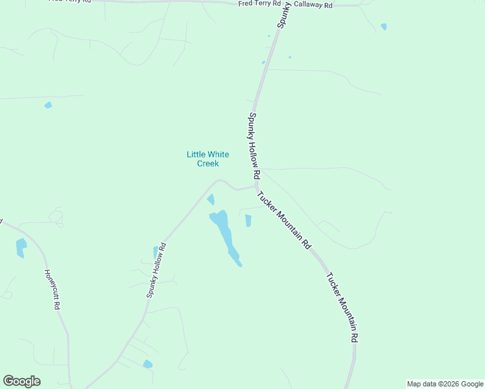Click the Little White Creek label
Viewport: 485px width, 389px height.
pos(207,159)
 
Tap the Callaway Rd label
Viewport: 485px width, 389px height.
pos(313,5)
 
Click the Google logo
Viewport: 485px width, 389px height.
pos(22,381)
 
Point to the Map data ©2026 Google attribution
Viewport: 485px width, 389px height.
pos(445,384)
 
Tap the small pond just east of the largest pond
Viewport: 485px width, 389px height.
pos(248,220)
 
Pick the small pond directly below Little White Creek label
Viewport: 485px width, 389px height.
pos(211,200)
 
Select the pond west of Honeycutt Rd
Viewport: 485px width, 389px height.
pos(21,248)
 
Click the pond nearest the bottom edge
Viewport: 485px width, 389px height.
pos(148,364)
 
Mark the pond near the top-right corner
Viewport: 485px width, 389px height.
pos(384,27)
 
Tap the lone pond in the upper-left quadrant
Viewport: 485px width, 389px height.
pos(48,105)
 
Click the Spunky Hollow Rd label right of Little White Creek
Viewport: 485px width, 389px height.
pos(254,147)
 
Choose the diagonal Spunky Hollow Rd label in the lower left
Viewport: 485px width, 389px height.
pos(156,270)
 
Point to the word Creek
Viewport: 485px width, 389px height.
pos(207,163)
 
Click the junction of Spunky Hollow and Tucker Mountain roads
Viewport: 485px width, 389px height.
pos(257,186)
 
